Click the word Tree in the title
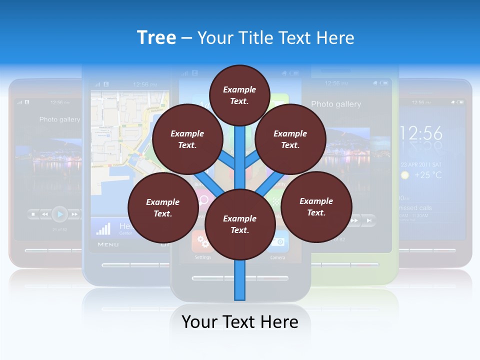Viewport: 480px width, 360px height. click(156, 37)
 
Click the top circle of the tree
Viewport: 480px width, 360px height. click(239, 95)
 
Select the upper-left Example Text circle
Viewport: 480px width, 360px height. click(187, 139)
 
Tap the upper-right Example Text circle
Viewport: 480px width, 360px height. click(290, 139)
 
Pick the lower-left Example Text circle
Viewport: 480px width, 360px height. click(163, 207)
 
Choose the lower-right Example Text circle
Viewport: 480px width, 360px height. click(316, 206)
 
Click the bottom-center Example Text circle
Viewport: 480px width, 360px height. click(240, 224)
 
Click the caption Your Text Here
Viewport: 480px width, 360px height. click(240, 321)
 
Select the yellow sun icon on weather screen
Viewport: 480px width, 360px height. click(405, 175)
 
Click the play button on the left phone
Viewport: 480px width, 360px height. click(59, 214)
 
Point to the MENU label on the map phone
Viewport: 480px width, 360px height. click(108, 244)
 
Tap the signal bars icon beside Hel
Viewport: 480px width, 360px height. click(103, 228)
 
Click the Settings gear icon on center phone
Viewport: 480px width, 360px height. click(202, 242)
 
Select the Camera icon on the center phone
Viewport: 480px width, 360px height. click(278, 242)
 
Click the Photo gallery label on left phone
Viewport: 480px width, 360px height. click(59, 119)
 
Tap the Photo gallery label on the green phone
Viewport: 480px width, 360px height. click(336, 104)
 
